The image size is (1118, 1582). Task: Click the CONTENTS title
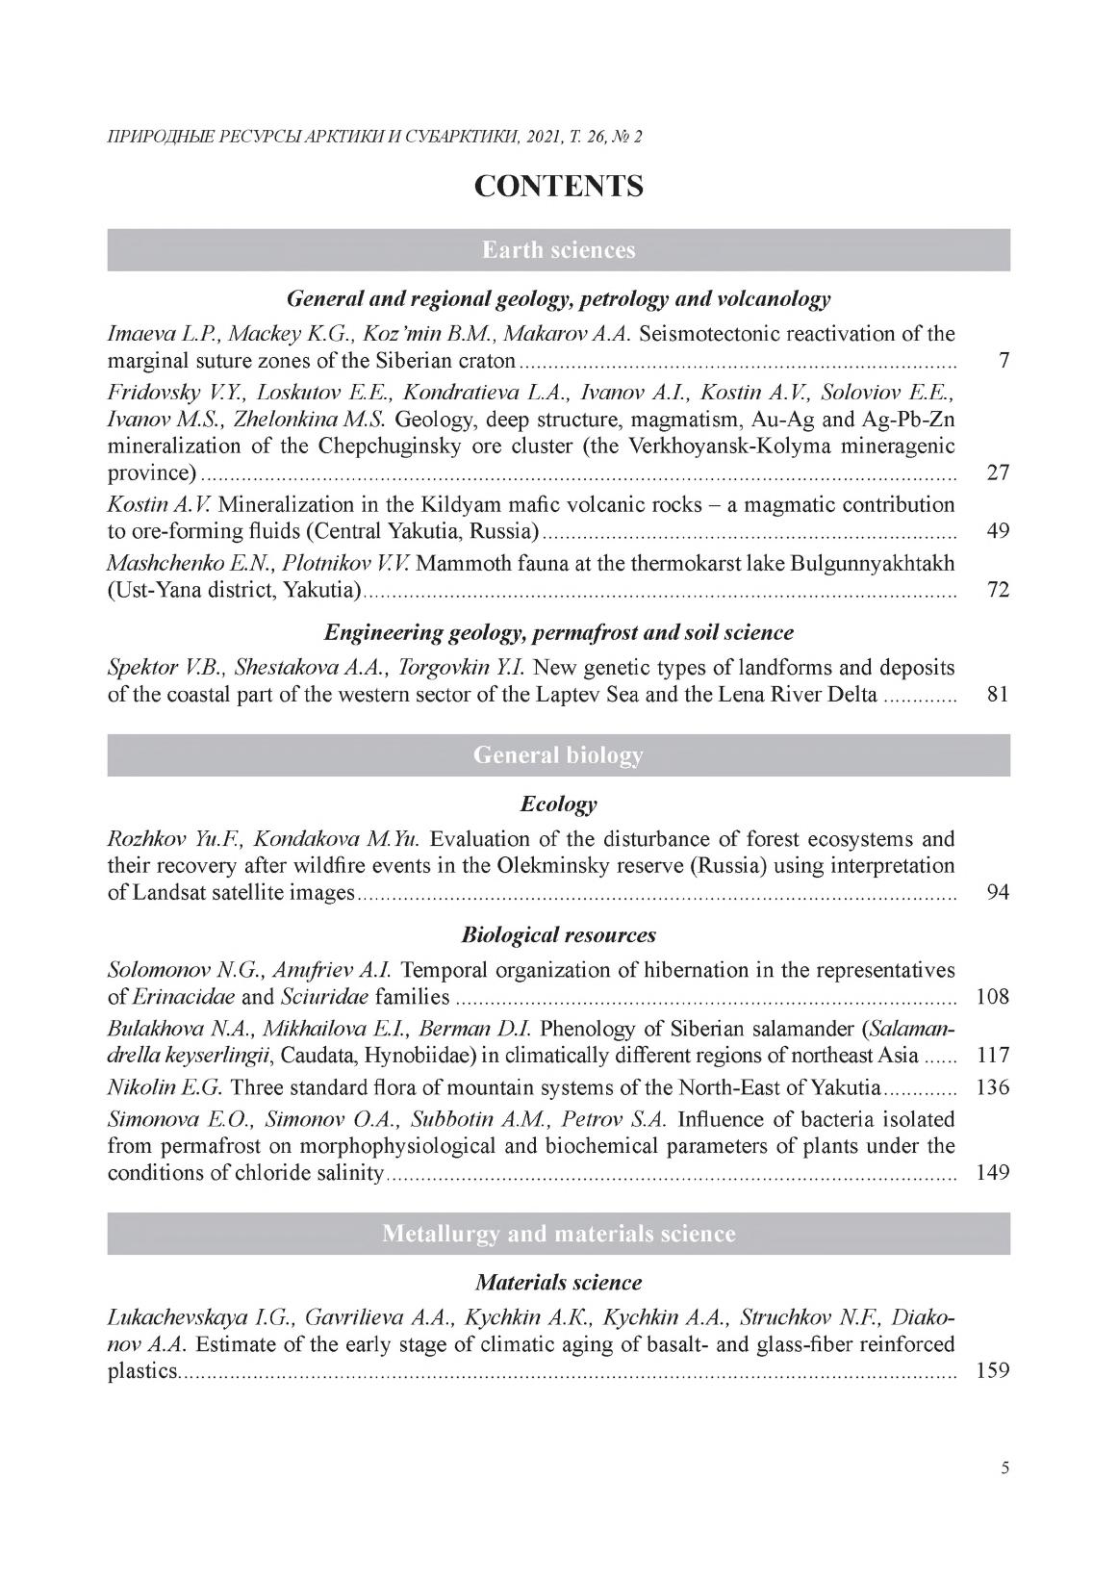point(558,186)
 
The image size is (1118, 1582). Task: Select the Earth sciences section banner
point(558,250)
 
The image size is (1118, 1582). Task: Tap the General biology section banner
point(558,755)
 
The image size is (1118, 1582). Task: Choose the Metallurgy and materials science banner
point(558,1234)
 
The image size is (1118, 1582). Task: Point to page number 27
point(998,472)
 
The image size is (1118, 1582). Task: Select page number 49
point(998,530)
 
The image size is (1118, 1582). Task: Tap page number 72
point(998,589)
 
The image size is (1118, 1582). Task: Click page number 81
point(998,694)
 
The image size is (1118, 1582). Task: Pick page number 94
point(998,892)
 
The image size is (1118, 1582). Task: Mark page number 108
point(992,996)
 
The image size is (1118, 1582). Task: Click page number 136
point(992,1087)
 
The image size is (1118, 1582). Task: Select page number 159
point(992,1369)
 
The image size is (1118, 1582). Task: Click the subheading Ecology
point(558,804)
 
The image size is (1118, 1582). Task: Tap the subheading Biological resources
point(558,934)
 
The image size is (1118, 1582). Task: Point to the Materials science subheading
point(558,1283)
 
